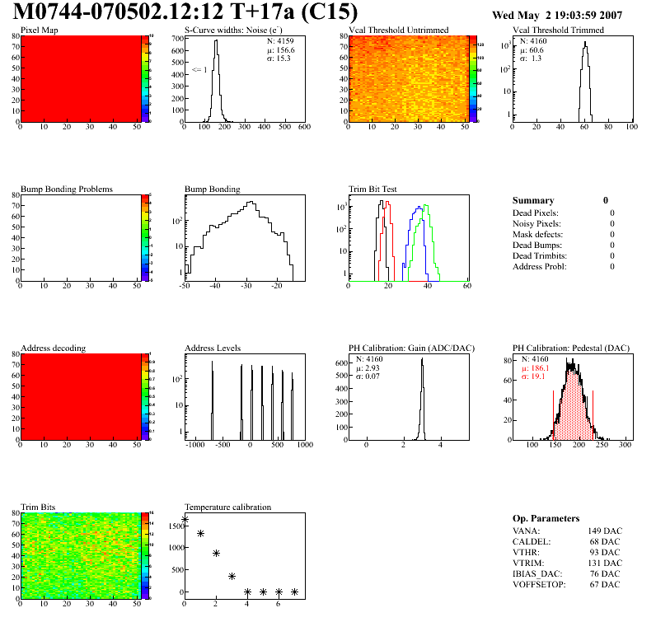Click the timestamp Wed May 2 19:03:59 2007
pos(556,15)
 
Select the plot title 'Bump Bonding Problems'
pos(67,189)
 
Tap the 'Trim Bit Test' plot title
pos(373,189)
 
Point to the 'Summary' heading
pos(533,200)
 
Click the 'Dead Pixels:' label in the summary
pos(537,213)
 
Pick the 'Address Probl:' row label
pos(539,266)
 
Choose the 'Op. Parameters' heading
pos(546,518)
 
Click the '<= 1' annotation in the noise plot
pos(199,70)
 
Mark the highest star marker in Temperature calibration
pos(185,520)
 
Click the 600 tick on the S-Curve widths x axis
pos(303,127)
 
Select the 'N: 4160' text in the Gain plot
pos(370,359)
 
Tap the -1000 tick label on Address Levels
pos(195,445)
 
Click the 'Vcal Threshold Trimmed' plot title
pos(558,30)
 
